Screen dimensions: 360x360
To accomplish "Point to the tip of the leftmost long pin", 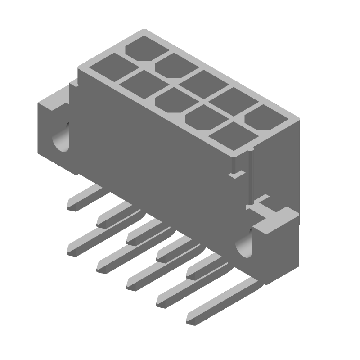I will tap(72, 250).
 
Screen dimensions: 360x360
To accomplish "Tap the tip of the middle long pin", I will tap(132, 284).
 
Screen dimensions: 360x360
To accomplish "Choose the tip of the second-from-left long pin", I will tap(102, 267).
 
